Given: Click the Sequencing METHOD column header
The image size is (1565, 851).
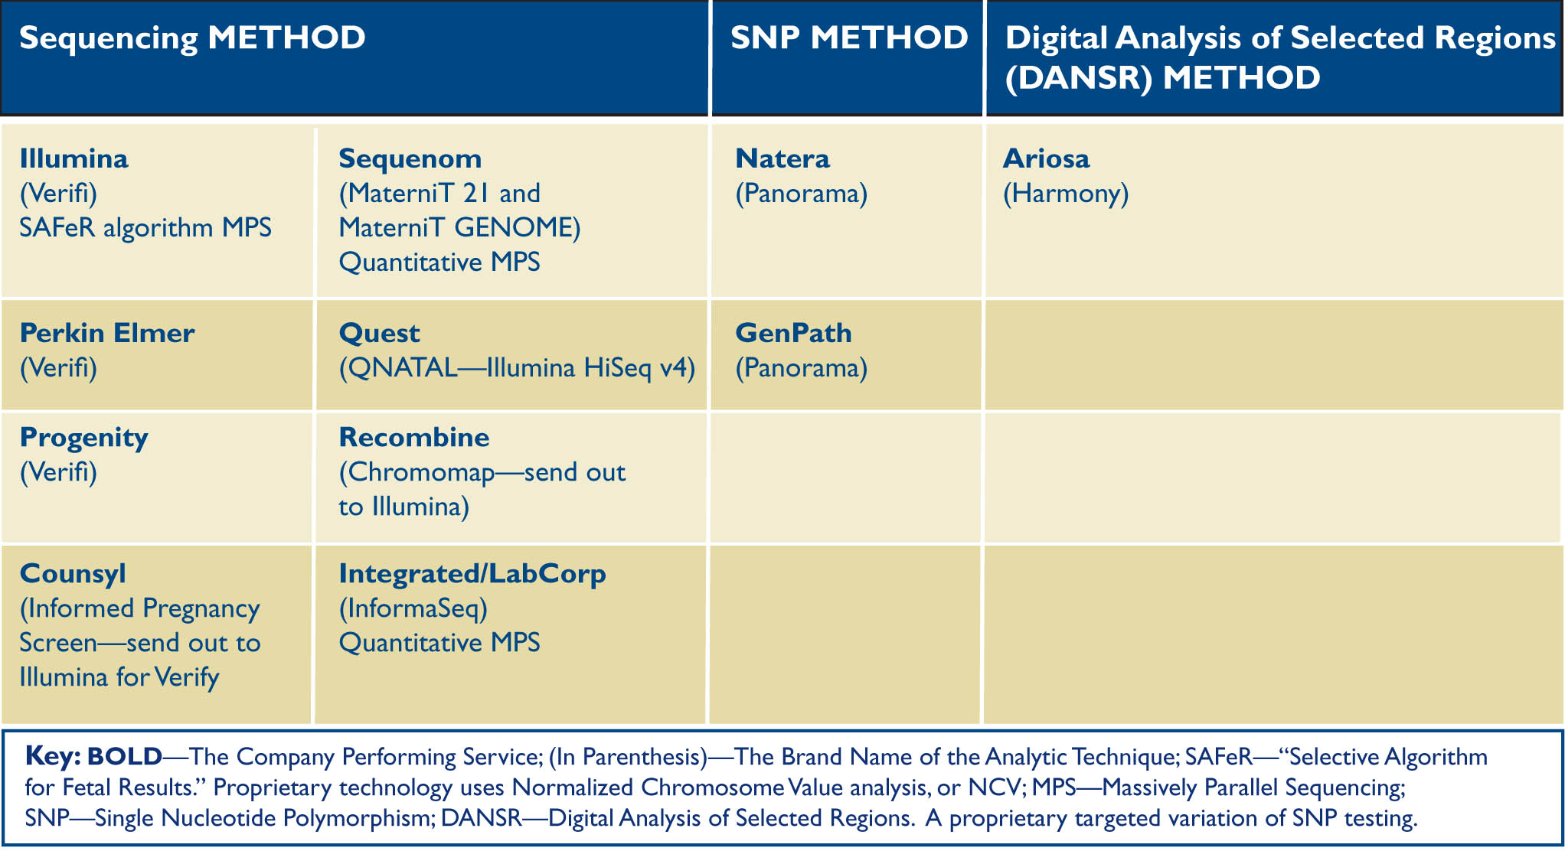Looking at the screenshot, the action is tap(192, 39).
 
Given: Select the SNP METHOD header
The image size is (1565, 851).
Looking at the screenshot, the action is tap(849, 37).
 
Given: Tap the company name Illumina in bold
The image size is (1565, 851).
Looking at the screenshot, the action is tap(74, 158).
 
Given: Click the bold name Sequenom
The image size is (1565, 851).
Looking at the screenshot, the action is tap(410, 159).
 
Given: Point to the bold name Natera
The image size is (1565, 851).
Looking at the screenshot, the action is tap(782, 158).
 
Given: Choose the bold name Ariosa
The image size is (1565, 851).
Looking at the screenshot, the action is tap(1046, 158).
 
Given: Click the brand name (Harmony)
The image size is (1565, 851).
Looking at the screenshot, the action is tap(1066, 194).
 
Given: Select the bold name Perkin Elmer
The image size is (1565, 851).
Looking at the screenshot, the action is tap(107, 333).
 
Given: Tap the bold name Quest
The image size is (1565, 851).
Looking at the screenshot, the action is tap(379, 334).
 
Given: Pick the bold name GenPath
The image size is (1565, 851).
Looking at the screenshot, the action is tap(793, 333).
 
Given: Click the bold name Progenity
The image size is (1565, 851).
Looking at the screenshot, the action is tap(84, 439).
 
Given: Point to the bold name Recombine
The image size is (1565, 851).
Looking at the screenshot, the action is tap(414, 437).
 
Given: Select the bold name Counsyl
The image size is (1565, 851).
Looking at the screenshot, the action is tap(73, 575).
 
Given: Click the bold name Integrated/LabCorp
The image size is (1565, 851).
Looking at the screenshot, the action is tap(472, 574).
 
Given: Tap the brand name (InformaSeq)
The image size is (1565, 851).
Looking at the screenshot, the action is tap(413, 609).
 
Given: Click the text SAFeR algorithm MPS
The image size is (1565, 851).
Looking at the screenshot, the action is tap(145, 228).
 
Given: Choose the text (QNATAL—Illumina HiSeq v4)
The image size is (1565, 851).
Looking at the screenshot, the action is tap(518, 368).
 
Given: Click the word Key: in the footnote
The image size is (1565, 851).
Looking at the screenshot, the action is tap(53, 756).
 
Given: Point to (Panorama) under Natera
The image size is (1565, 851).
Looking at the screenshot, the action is tap(802, 194).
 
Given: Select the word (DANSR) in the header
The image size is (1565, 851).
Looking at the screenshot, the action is tap(1078, 78).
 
